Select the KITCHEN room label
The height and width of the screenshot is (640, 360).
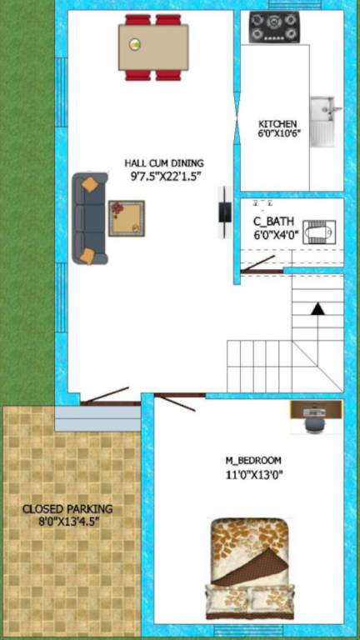(277, 124)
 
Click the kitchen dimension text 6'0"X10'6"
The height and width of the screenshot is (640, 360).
(277, 135)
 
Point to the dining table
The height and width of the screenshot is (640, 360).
(153, 47)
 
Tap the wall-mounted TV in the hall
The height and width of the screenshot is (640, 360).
(223, 213)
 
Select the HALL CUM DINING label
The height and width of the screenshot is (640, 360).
(164, 163)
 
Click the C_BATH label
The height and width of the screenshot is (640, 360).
(271, 222)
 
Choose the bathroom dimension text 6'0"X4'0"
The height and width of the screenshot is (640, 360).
(276, 236)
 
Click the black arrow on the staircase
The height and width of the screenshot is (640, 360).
(317, 308)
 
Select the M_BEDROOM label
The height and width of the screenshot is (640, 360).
(253, 460)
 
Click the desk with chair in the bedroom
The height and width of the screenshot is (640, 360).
(316, 414)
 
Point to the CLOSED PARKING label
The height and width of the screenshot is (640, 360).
(67, 508)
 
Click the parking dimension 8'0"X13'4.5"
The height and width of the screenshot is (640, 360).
(67, 522)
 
